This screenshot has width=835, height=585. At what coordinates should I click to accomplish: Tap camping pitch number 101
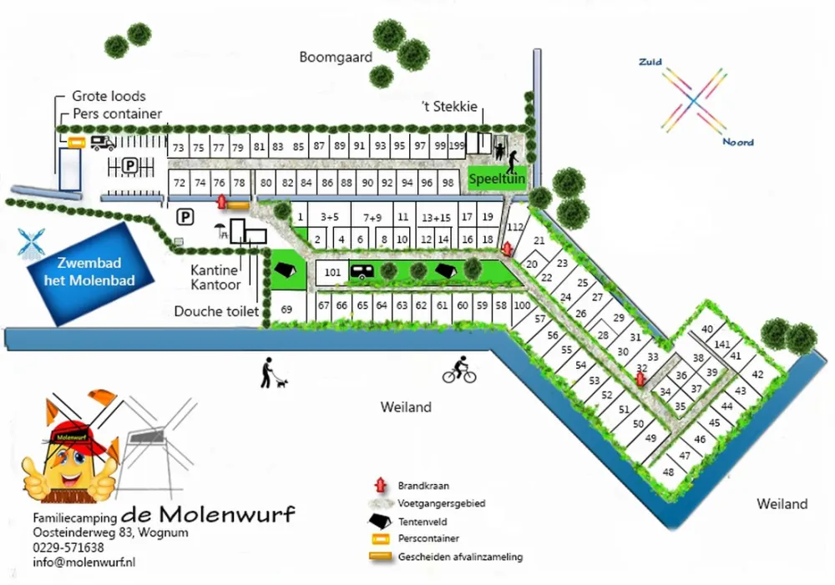coord(333,272)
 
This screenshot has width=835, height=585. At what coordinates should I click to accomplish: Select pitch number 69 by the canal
coord(286,309)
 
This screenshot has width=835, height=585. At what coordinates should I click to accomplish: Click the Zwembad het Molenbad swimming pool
coord(89,272)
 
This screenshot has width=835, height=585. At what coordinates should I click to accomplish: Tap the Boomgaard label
coord(335,57)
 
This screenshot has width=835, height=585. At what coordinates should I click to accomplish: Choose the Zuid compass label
coord(650,63)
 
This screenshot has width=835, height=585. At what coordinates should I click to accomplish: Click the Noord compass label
coord(737,142)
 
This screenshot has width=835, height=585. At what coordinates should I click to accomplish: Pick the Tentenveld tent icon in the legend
coord(380,521)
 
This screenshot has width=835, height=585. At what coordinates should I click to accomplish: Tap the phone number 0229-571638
coord(68,547)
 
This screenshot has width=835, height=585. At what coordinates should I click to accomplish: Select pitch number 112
coord(514,226)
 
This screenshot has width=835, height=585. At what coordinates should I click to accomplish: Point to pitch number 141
coord(723,344)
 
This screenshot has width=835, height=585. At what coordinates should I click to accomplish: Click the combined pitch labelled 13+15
coord(436,218)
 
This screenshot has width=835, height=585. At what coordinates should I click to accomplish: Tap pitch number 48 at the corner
coord(668,472)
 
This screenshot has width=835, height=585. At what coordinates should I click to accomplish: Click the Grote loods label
coord(109,96)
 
